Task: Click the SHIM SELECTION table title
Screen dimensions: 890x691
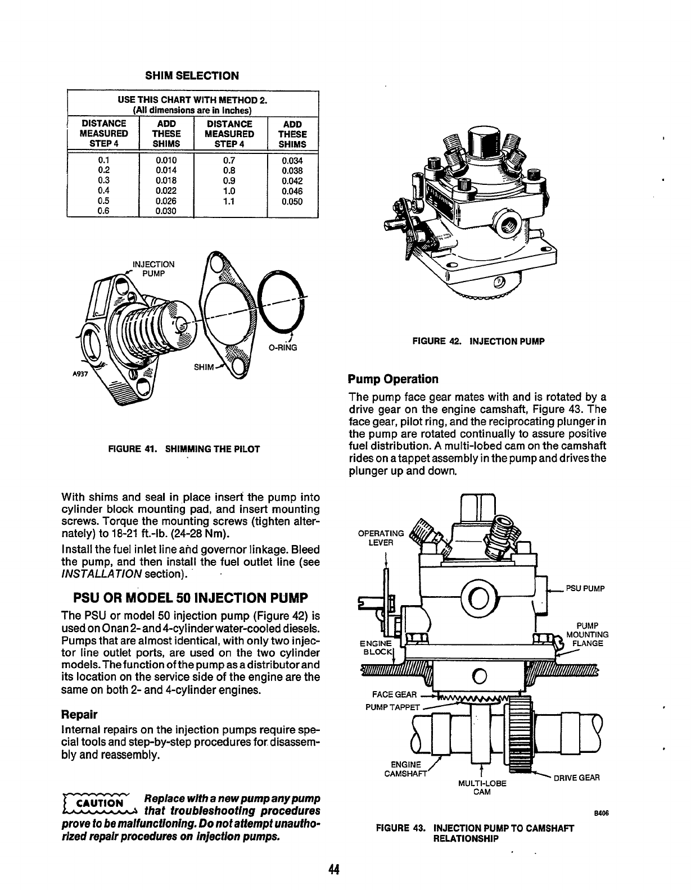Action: pos(192,75)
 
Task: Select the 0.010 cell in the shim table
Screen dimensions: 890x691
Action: pos(166,160)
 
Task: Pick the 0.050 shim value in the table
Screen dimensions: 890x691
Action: pos(292,201)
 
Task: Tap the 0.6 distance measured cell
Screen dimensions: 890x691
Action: pos(103,211)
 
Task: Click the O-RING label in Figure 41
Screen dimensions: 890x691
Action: pos(282,348)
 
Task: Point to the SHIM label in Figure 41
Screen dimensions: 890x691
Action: pos(204,367)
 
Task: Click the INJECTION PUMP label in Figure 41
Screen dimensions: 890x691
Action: pos(153,269)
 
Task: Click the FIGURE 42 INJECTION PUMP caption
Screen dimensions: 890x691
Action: pos(478,340)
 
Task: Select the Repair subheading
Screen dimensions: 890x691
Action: pos(79,715)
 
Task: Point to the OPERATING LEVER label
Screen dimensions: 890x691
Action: pos(381,538)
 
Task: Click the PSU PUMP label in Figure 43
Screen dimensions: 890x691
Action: pos(585,589)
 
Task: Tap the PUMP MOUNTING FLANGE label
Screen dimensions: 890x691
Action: pos(587,635)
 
